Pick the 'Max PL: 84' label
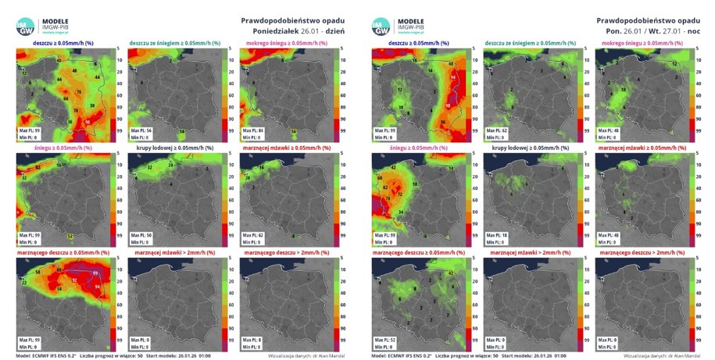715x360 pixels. tap(255, 128)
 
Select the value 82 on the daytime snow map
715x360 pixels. tap(38, 168)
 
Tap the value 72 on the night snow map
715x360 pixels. tap(388, 196)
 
